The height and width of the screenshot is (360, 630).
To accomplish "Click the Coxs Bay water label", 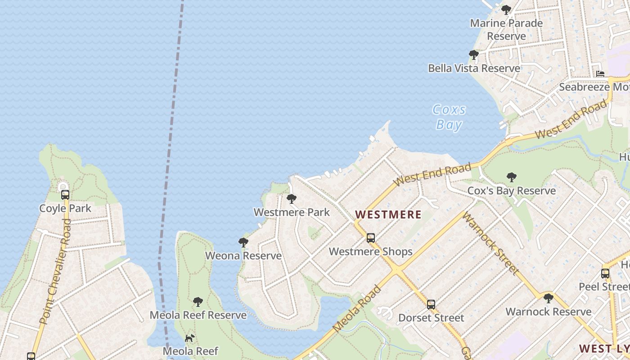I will pos(449,117).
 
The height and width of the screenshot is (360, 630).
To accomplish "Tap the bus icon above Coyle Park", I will pos(65,195).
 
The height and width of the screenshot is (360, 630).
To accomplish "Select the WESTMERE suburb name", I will pos(388,215).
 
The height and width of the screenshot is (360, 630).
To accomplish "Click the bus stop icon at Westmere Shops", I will pos(371,238).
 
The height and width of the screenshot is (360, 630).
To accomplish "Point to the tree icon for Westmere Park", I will pos(292,198).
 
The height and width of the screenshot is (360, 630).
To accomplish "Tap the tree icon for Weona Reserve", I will pos(243,243).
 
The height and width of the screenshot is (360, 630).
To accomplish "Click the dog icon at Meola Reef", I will pos(190,337).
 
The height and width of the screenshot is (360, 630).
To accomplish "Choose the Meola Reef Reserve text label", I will pos(198,315).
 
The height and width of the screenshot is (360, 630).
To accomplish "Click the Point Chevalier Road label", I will pos(56,272).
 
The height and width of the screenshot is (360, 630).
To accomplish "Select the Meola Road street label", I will pos(357,309).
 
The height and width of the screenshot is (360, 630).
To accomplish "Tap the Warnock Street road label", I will pos(490,243).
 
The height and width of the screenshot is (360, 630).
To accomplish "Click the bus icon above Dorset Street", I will pos(431,305).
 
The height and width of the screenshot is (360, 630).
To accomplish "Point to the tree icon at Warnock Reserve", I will pos(548,298).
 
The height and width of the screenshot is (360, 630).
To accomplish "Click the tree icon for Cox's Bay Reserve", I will pos(511,177).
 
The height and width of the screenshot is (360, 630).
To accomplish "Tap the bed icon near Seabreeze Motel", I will pos(600,74).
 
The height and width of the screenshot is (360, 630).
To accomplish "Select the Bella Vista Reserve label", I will pos(474,68).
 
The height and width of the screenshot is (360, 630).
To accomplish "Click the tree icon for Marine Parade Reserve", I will pos(506,9).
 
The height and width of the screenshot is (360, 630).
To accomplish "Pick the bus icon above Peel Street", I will pos(605,273).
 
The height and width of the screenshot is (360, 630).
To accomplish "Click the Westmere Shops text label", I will pos(370,252).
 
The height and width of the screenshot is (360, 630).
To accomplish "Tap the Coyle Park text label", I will pos(65,208).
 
